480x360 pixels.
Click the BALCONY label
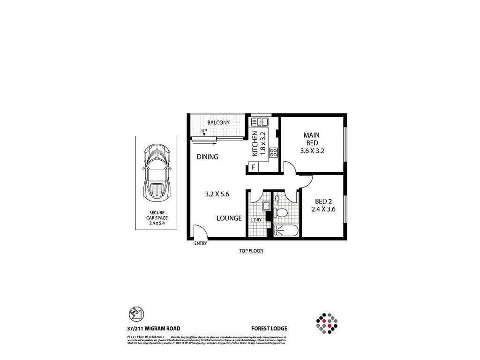218,123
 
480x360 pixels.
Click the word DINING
207,157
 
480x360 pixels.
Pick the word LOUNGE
229,218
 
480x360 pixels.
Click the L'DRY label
256,220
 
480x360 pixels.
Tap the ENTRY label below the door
200,243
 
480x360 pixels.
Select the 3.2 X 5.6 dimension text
217,194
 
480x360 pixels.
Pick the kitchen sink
259,122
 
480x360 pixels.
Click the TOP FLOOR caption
251,251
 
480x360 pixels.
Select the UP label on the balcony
204,131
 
